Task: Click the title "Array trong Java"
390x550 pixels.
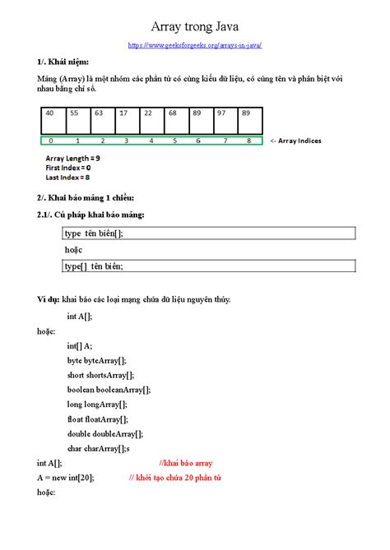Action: click(195, 29)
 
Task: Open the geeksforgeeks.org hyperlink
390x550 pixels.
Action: click(195, 46)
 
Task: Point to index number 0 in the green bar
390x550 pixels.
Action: click(51, 141)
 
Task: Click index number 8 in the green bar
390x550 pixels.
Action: click(248, 141)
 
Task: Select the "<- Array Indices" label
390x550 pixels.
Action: click(295, 141)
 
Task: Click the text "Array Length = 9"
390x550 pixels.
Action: click(73, 158)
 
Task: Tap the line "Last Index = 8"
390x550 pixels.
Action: click(67, 176)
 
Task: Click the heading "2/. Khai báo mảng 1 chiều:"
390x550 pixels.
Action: click(85, 198)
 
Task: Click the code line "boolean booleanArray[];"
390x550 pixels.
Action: click(109, 390)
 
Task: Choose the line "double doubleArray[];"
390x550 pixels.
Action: click(105, 434)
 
